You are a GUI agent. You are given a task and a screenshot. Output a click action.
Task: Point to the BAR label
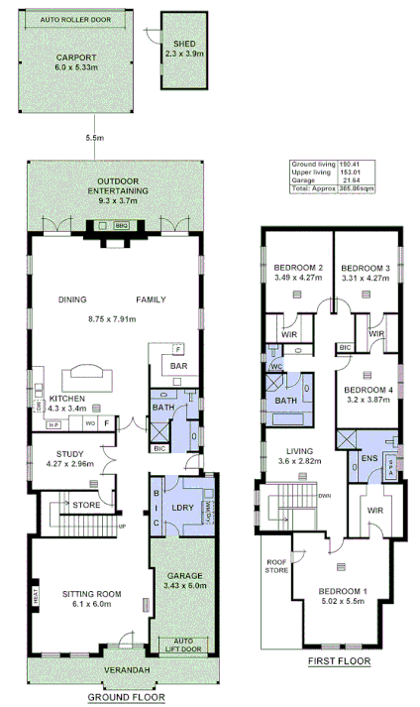pos(178,366)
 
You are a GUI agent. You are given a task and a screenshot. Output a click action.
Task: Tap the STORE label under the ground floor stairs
pos(86,505)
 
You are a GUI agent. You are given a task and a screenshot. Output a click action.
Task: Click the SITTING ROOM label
pos(91,594)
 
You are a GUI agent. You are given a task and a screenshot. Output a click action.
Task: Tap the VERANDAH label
pos(130,671)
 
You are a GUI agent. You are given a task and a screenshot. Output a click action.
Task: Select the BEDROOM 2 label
pos(298,268)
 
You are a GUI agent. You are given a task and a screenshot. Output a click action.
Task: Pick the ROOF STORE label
pos(275,566)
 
